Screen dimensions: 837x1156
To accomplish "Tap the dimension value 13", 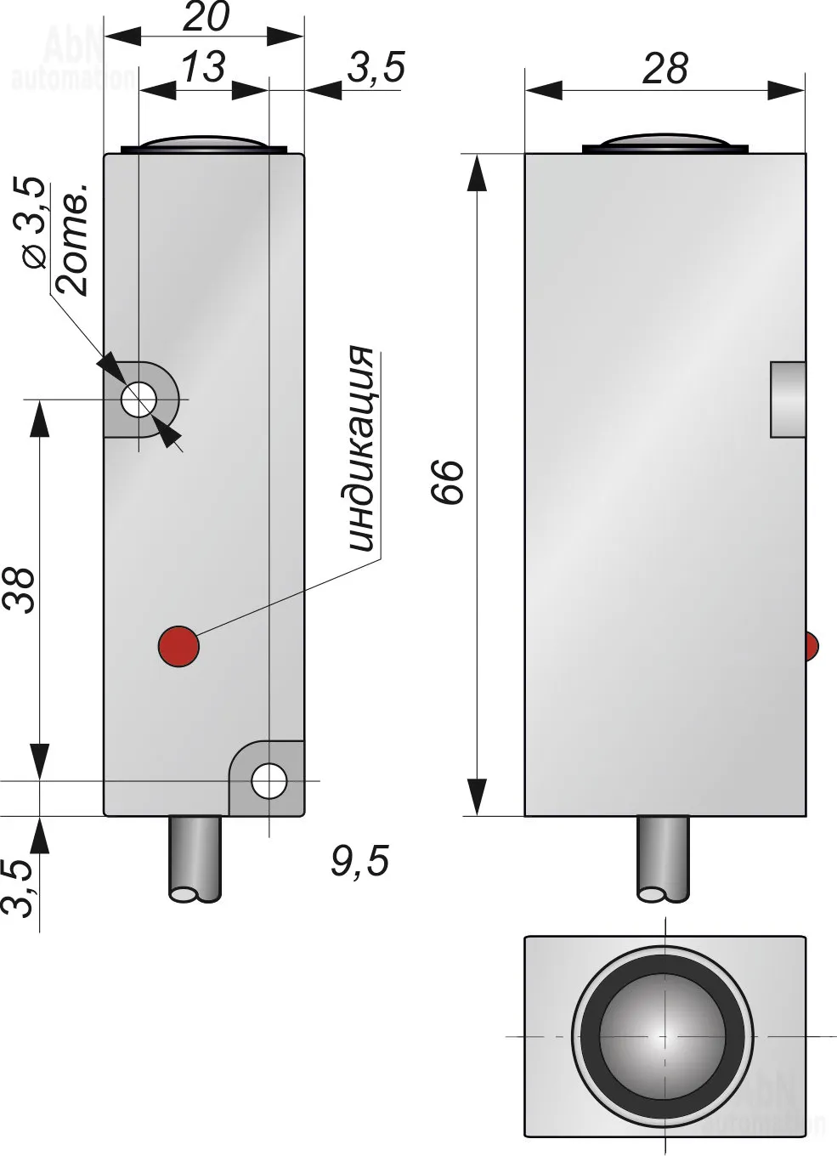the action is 203,66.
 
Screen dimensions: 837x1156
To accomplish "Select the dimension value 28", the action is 665,68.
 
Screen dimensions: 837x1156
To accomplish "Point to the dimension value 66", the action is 448,481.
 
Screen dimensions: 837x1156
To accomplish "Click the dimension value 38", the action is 19,591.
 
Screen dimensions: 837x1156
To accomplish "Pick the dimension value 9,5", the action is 359,860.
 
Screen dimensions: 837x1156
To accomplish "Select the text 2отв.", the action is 72,239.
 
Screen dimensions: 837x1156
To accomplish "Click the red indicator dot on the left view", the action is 178,646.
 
